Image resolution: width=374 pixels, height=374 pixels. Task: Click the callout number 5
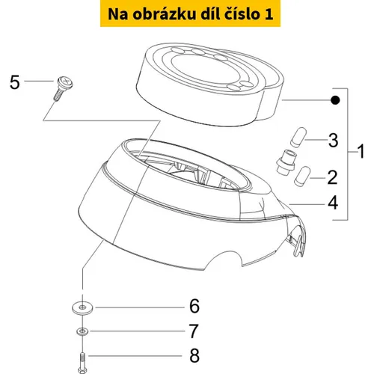pos(14,82)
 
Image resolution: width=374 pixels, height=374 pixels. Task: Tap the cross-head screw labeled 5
pos(64,88)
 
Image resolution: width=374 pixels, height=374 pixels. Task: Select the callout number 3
pos(333,140)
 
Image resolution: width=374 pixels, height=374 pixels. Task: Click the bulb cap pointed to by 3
pos(298,137)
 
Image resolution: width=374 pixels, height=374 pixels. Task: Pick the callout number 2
pos(332,177)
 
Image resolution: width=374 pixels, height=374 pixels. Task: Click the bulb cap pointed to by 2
pos(302,176)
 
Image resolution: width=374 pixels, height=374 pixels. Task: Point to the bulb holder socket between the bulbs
pos(286,162)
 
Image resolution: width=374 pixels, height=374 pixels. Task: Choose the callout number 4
pos(333,203)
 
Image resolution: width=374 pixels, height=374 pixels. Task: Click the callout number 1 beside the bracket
pos(361,151)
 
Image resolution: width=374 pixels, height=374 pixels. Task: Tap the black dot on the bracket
pos(335,100)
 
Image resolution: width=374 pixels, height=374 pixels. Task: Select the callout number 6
pos(194,306)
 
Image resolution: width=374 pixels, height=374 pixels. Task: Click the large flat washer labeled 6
pos(82,307)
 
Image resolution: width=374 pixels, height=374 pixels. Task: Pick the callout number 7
pos(193,331)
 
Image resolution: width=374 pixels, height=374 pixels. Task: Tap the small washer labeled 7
pos(82,331)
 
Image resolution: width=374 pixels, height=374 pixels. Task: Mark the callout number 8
pos(194,355)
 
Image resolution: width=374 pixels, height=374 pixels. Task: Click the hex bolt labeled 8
pos(82,362)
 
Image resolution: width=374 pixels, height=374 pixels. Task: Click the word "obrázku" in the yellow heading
pos(164,14)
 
